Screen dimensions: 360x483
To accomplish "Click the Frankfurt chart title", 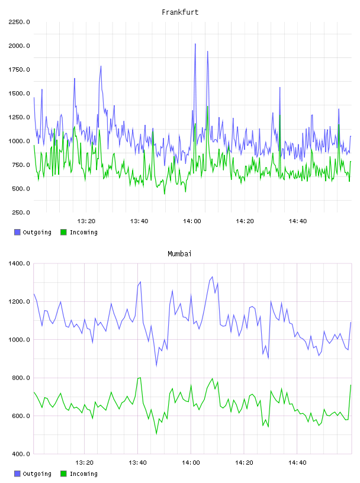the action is (180, 12).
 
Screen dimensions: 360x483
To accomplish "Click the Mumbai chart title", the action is (179, 254).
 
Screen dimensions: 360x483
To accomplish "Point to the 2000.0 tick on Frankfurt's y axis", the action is (19, 46).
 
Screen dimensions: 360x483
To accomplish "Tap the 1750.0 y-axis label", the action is (19, 70).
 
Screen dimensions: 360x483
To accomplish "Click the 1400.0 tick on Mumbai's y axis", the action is (19, 263).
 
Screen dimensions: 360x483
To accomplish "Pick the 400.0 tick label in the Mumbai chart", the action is (21, 454).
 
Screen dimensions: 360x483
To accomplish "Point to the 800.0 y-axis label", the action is (21, 378).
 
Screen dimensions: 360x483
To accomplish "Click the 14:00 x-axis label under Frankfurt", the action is (192, 221).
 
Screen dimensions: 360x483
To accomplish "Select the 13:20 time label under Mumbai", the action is (85, 463).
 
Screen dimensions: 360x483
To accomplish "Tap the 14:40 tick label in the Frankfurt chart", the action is (298, 221).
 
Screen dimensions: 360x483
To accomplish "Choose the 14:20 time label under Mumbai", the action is (244, 463).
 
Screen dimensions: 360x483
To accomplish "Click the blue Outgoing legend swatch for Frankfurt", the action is (17, 232).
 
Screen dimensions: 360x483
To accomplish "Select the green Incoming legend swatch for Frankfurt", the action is (63, 232).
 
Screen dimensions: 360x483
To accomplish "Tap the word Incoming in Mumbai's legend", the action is (83, 474).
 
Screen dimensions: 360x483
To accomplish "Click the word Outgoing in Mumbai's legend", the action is (37, 474).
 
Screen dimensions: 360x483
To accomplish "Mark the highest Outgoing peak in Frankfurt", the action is (195, 44).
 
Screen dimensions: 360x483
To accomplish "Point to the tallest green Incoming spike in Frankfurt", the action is (207, 107).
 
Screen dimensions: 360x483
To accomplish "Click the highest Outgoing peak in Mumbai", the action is (212, 276).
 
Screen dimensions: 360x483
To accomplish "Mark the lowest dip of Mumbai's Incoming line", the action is (156, 434).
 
